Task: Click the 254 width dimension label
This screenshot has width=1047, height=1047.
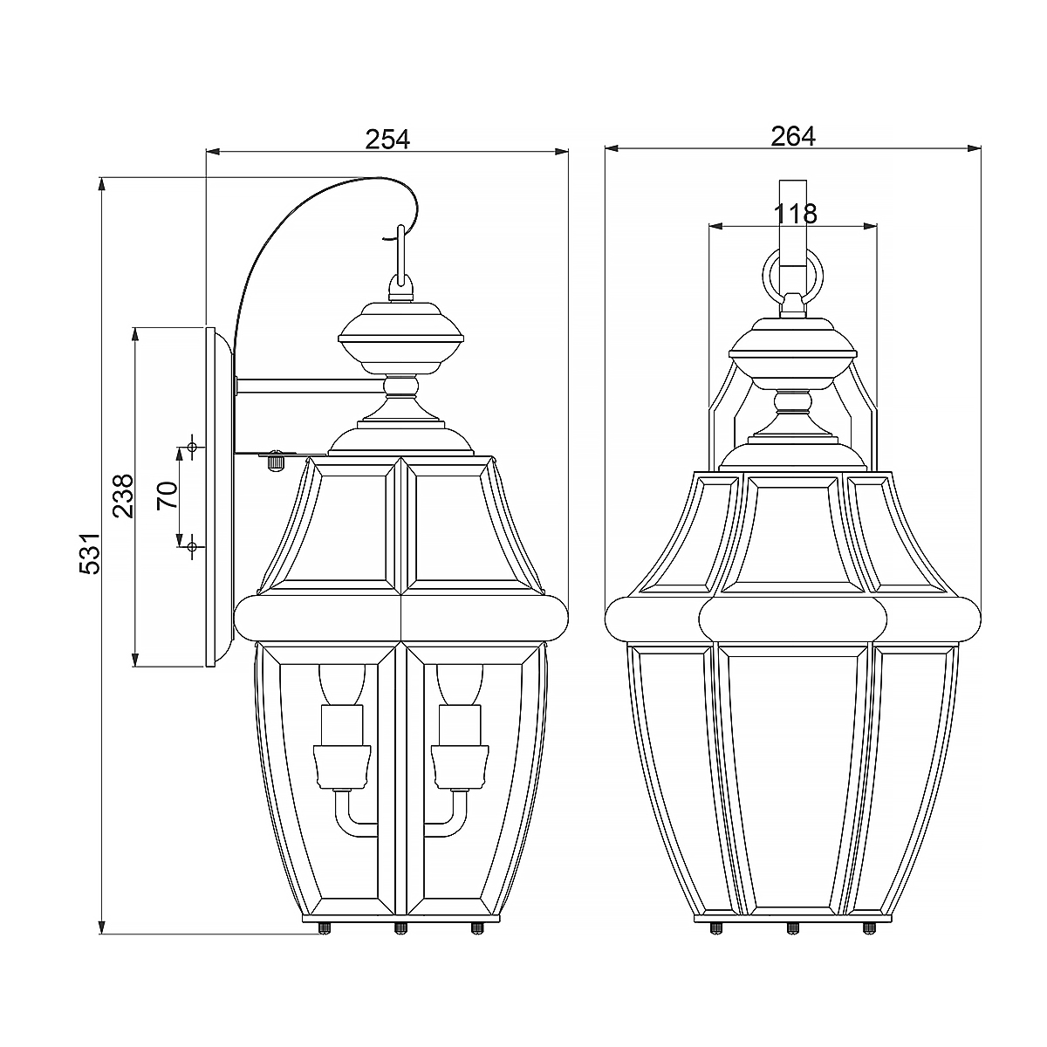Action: [x=387, y=139]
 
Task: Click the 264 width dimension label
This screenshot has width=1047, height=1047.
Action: [x=792, y=136]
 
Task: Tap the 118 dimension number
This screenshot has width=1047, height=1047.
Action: [x=793, y=213]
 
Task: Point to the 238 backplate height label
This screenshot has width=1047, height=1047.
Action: [x=123, y=496]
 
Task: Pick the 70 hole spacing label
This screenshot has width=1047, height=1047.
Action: [x=167, y=495]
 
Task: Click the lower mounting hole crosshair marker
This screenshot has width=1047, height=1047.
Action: [x=192, y=546]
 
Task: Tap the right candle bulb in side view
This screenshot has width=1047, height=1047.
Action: [x=459, y=685]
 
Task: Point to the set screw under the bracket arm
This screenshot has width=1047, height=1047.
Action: [x=276, y=460]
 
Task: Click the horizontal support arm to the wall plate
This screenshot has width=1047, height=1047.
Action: [x=310, y=385]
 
